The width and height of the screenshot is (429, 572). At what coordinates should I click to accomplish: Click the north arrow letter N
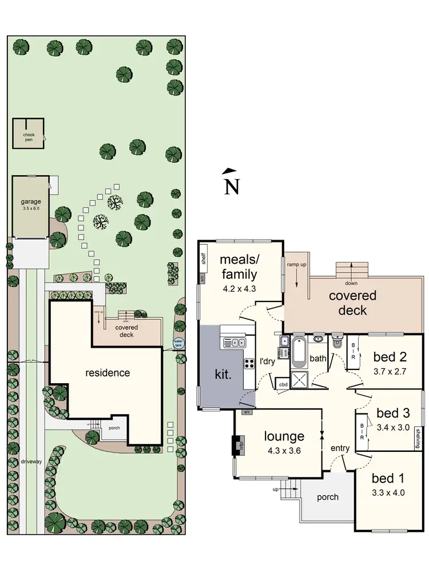(232, 187)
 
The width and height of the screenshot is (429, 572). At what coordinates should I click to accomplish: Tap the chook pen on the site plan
(29, 134)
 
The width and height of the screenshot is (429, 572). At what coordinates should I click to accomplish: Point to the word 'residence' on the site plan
(108, 373)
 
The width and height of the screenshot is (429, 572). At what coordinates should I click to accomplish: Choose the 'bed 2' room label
(390, 357)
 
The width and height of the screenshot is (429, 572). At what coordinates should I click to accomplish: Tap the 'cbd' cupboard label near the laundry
(283, 385)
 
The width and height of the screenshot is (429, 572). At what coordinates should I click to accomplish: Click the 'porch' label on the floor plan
(327, 497)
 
